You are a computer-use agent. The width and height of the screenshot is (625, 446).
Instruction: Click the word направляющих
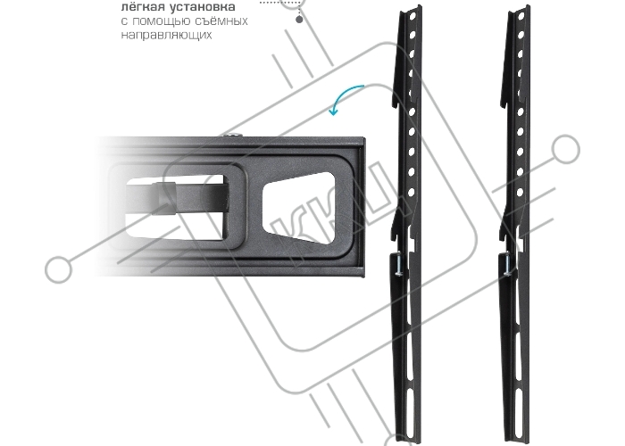[x=166, y=35]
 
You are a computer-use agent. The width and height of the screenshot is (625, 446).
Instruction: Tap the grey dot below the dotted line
[x=299, y=19]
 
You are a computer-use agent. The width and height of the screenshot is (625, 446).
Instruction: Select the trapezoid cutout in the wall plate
[x=298, y=208]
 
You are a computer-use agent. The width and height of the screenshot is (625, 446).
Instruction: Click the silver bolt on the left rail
[x=399, y=265]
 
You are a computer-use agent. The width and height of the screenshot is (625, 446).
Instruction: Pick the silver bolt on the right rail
[x=507, y=265]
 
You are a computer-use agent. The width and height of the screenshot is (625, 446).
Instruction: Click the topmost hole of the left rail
[x=412, y=16]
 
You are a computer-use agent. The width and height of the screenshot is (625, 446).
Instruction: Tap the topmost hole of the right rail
[x=521, y=16]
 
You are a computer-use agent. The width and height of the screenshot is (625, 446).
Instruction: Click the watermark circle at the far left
[x=59, y=269]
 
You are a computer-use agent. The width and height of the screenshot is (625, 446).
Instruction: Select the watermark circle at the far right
[x=565, y=149]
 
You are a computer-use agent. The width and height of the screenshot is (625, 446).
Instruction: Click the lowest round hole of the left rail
[x=411, y=193]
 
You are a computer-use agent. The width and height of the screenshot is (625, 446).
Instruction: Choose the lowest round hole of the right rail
[x=520, y=193]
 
